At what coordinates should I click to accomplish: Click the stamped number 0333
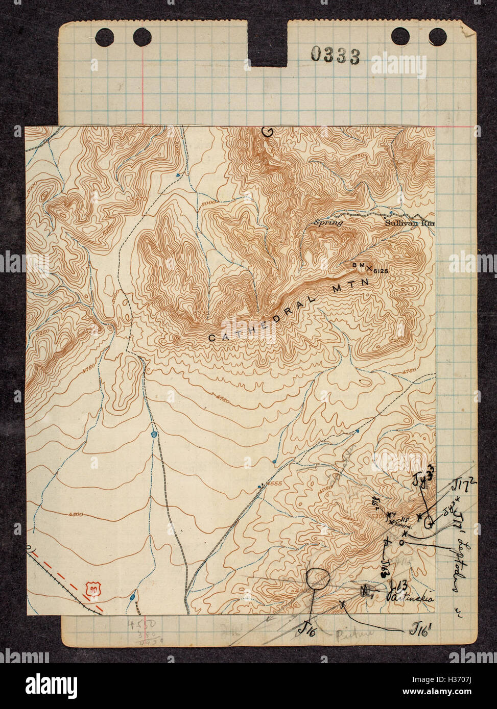(x=335, y=55)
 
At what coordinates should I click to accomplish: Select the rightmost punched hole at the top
(x=437, y=36)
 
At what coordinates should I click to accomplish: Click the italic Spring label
(x=327, y=222)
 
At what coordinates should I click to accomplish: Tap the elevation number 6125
(x=381, y=271)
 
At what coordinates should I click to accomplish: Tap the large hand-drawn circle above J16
(x=318, y=578)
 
